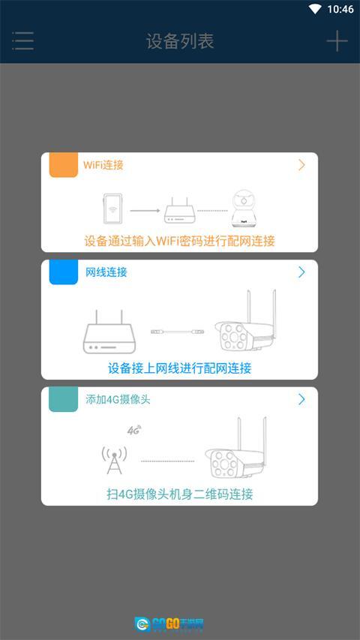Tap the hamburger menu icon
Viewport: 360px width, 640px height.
click(22, 41)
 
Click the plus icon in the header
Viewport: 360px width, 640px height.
click(337, 41)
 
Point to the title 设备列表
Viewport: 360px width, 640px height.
click(180, 41)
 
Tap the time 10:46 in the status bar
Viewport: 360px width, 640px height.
click(340, 9)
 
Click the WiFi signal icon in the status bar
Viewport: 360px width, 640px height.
click(315, 9)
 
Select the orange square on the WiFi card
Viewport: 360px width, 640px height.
click(63, 165)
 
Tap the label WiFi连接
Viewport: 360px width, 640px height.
click(103, 165)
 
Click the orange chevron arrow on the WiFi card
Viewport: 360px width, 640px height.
click(301, 165)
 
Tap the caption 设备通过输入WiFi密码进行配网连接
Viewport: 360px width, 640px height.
click(179, 241)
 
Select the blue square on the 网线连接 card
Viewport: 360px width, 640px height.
click(63, 272)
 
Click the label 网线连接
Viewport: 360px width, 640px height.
click(106, 272)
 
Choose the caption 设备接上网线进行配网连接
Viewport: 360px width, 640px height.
click(179, 368)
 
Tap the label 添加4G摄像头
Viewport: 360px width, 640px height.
click(118, 399)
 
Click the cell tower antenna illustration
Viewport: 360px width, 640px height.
click(114, 460)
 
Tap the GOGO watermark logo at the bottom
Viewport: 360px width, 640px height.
click(169, 623)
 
